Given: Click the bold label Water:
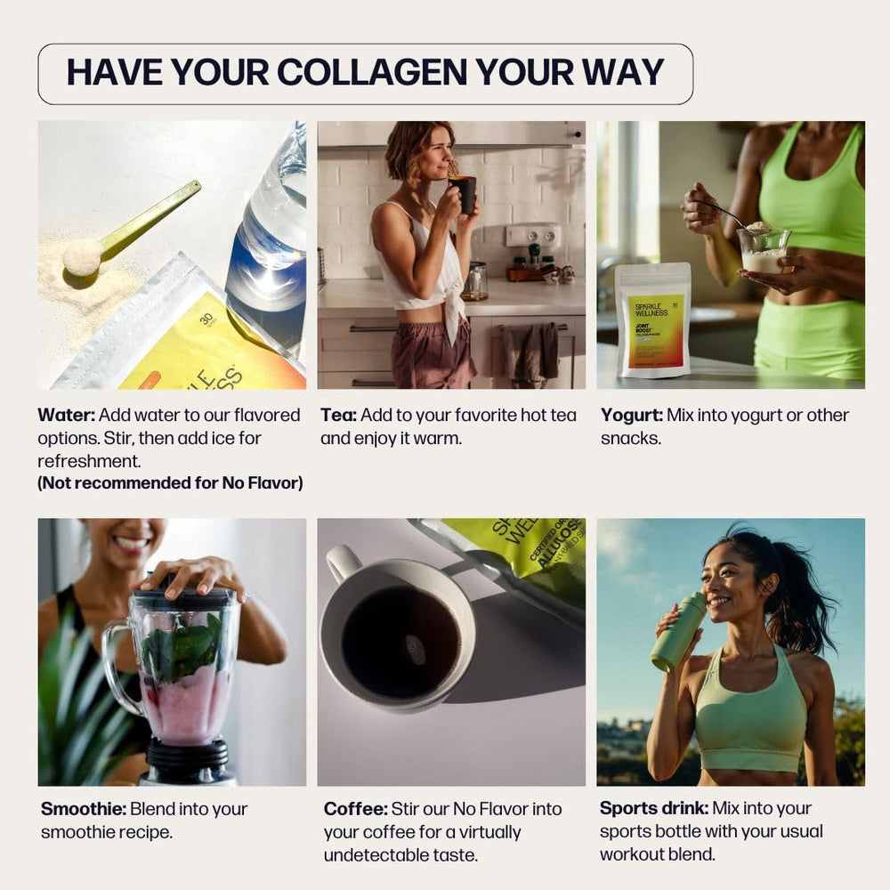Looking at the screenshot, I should [x=67, y=415].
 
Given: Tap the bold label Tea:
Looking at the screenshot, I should [x=339, y=415].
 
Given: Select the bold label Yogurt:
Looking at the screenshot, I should [x=630, y=415].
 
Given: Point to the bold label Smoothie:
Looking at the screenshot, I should [x=84, y=809].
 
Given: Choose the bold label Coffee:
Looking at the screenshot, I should [x=355, y=809].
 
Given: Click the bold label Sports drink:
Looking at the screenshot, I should [x=654, y=809].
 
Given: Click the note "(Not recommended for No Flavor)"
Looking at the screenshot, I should [x=170, y=483].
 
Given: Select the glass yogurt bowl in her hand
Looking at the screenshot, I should [x=763, y=250].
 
